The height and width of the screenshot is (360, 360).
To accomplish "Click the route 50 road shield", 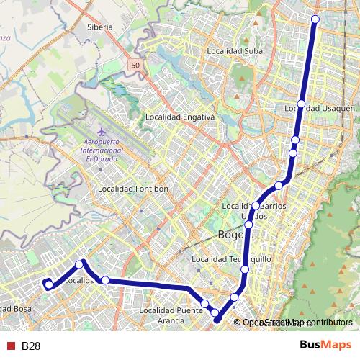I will [x=135, y=66].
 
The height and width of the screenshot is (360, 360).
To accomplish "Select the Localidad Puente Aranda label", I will [x=171, y=315].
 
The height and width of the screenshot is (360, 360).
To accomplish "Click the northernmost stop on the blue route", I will [x=315, y=19].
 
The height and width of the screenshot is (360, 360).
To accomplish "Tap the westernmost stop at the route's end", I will [x=48, y=284].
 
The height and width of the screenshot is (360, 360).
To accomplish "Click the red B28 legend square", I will [x=11, y=346].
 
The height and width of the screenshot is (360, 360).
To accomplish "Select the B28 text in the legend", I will [x=30, y=346].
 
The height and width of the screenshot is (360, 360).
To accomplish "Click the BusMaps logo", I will [x=325, y=345].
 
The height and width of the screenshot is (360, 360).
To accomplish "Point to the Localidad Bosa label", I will [x=16, y=309].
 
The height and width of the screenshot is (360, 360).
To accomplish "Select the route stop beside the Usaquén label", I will [x=301, y=104].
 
